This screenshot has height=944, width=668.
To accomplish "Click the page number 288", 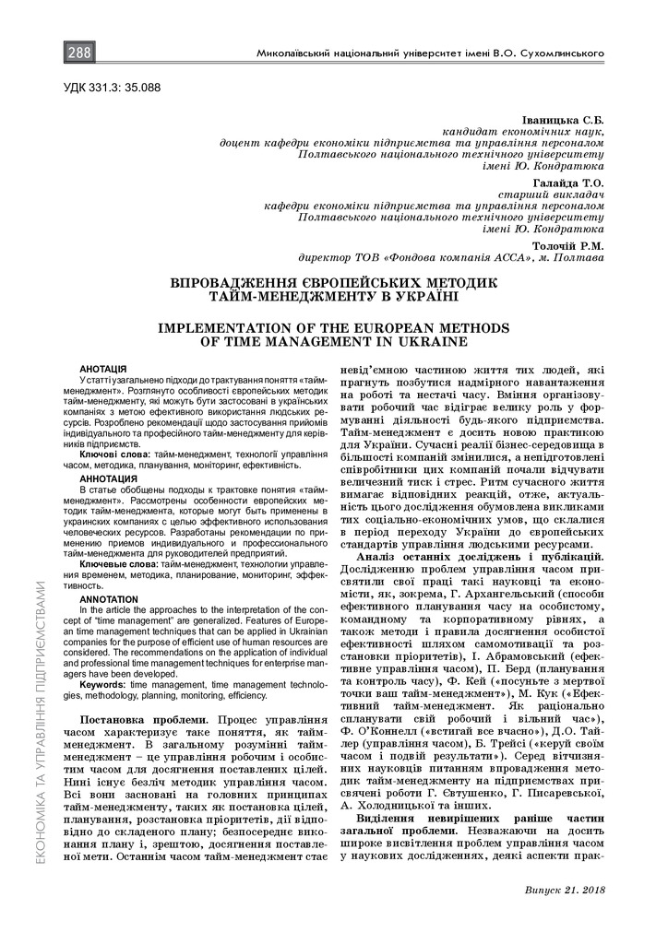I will pyautogui.click(x=78, y=53).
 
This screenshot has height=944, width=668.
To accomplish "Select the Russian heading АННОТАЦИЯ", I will pyautogui.click(x=108, y=479).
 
